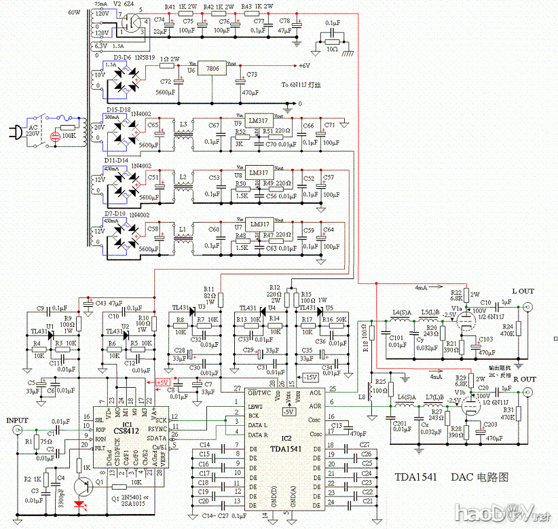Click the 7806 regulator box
coord(214,70)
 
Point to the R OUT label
coord(523,379)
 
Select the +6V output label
coord(305,66)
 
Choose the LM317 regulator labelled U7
coord(259,225)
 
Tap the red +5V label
coord(163,383)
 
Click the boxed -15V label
coord(310,377)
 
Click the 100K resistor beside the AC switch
coord(67,127)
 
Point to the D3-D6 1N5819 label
coord(132,57)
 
